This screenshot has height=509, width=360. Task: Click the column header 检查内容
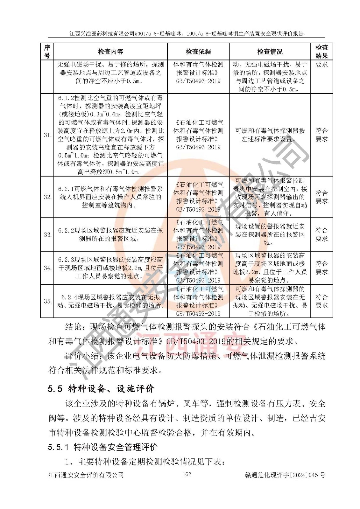110,52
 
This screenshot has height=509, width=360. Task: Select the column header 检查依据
198,52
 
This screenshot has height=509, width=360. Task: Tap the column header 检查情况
270,52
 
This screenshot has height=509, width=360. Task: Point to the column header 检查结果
321,52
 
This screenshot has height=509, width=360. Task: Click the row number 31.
47,135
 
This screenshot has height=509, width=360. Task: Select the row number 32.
47,197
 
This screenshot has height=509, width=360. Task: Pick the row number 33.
47,234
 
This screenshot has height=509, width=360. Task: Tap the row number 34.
47,268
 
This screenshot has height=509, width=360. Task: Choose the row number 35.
47,301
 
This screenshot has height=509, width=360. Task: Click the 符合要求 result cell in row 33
321,234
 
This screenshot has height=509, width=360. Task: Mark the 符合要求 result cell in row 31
321,135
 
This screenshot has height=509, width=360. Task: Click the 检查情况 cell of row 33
270,234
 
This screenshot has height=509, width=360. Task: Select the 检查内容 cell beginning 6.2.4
110,301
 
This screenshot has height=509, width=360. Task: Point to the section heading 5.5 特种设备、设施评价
101,388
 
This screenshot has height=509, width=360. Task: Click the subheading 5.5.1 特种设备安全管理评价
103,447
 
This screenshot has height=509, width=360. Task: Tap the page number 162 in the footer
187,474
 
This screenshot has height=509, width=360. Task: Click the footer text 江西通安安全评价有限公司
86,475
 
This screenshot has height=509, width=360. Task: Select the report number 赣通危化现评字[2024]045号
285,475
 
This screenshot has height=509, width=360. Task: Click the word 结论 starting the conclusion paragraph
73,327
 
